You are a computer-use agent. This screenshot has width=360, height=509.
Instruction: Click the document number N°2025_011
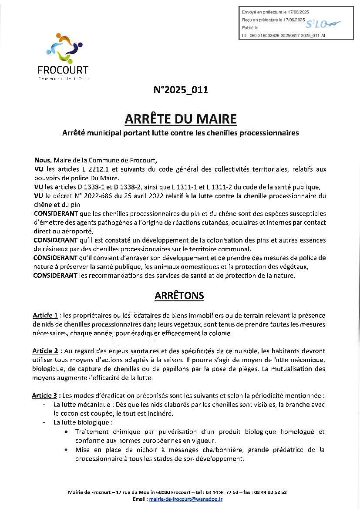181,91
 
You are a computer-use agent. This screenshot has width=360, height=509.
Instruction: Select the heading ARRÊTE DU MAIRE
180,119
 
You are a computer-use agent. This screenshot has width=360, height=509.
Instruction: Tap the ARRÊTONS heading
179,296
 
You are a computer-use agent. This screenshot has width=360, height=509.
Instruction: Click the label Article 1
45,315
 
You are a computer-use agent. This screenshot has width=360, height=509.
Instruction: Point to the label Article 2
45,351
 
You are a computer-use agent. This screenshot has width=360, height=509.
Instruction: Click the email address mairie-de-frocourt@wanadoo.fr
186,499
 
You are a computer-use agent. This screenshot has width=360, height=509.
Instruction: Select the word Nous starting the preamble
43,160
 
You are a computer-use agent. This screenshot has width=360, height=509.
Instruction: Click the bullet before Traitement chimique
65,432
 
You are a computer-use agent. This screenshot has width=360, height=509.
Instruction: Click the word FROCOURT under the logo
64,70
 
